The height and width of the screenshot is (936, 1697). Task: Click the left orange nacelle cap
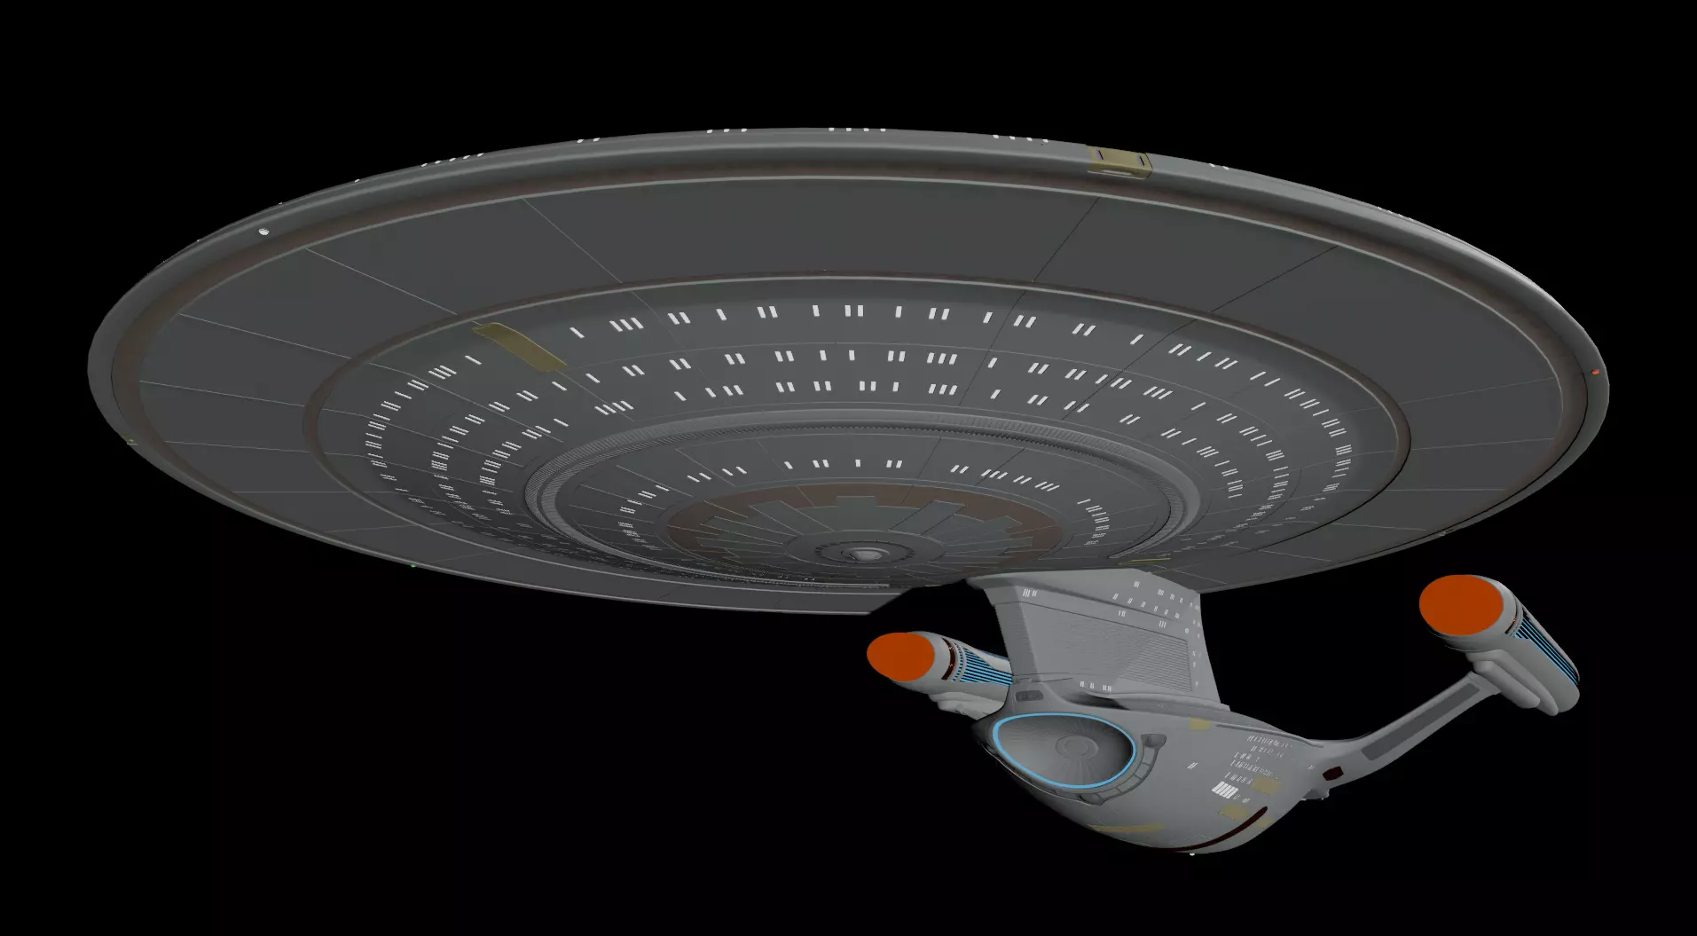(x=900, y=655)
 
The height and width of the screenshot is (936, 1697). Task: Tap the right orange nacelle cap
(x=1459, y=605)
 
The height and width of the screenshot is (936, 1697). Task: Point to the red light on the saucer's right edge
(x=1595, y=373)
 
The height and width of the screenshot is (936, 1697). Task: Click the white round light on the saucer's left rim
(x=263, y=232)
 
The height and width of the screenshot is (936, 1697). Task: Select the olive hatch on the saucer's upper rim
(x=1119, y=161)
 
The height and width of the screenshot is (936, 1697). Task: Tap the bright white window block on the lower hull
(x=1224, y=790)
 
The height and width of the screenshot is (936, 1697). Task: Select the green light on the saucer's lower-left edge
(x=413, y=565)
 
